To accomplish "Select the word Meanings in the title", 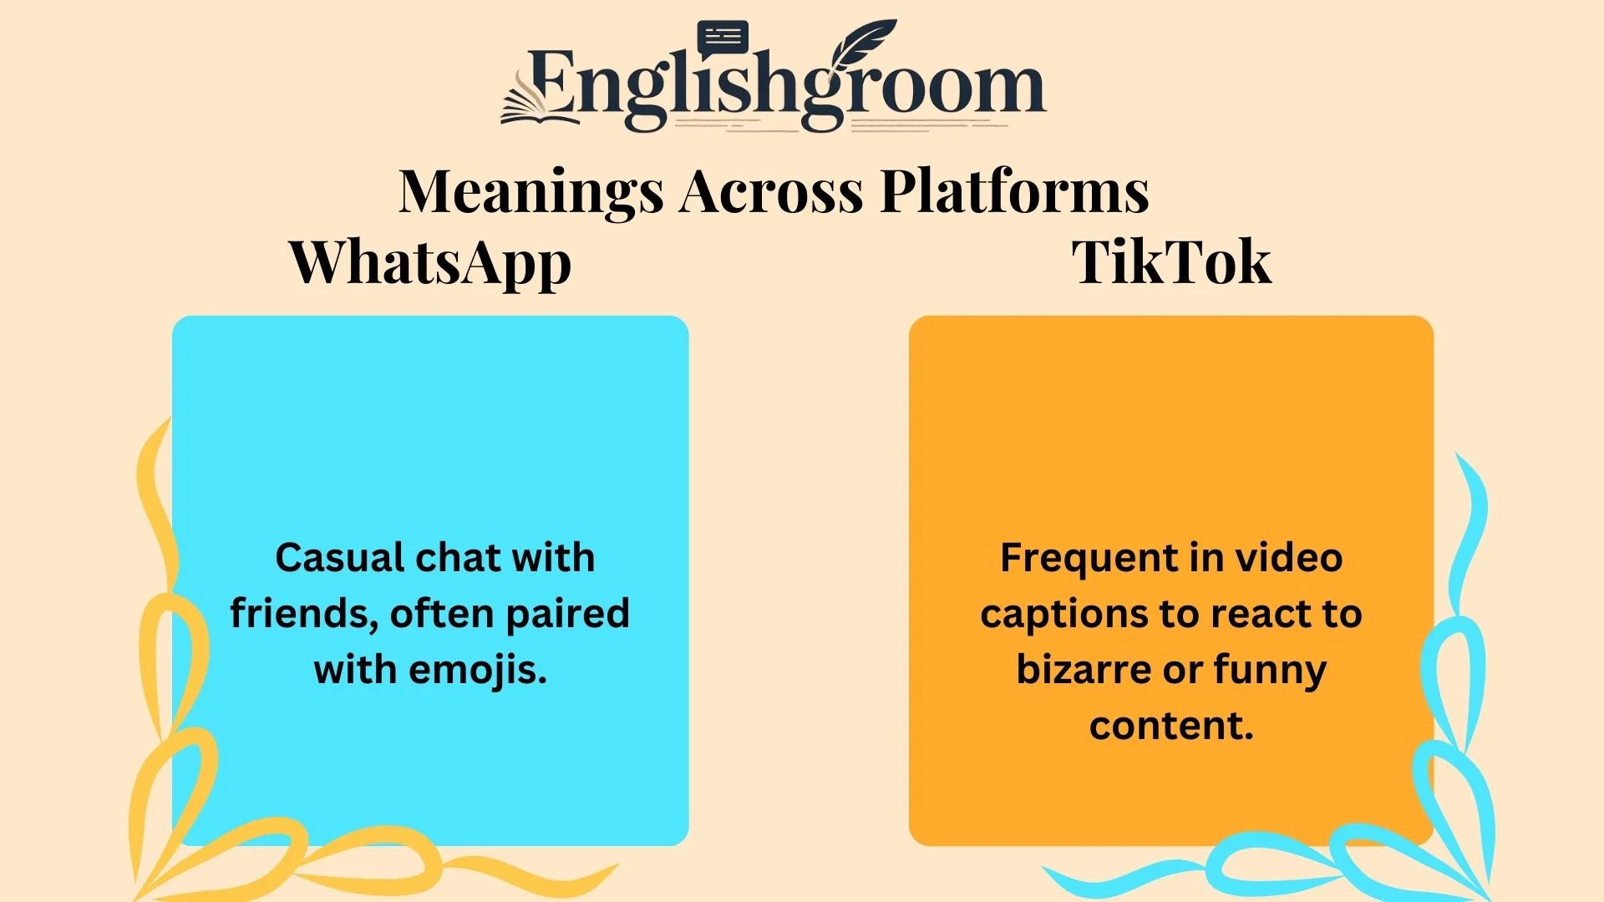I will [530, 192].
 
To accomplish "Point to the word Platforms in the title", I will [1014, 192].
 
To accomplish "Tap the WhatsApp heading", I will [429, 262].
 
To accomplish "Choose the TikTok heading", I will [1171, 262].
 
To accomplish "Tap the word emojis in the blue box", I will [478, 670].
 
